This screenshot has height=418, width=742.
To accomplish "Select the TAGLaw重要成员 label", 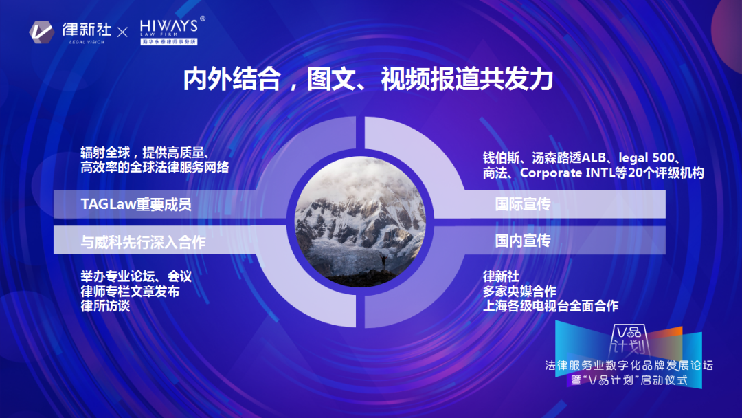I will tap(136, 204).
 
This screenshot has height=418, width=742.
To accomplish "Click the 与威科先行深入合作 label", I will tap(143, 242).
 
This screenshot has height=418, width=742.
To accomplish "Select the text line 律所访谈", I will tap(105, 306).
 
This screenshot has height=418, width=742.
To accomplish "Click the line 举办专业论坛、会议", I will tap(136, 276).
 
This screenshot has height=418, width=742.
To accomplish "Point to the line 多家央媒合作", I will tap(519, 291).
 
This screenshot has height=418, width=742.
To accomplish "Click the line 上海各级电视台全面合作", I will tap(550, 306).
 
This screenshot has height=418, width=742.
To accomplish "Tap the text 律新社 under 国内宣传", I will tap(502, 276).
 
